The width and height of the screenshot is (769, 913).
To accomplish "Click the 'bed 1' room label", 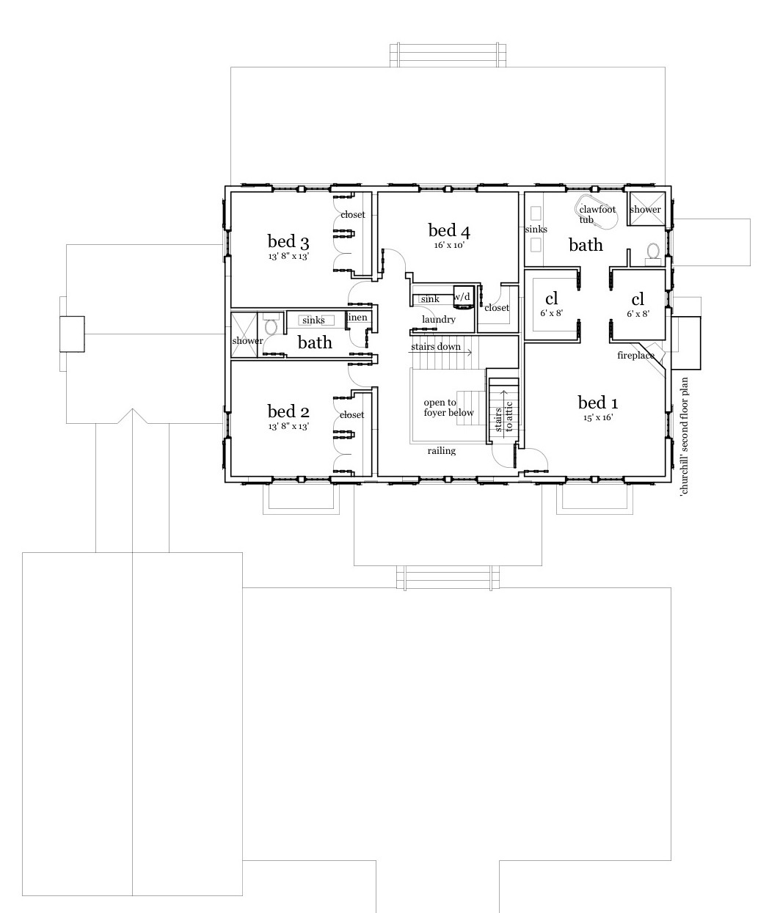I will (597, 403).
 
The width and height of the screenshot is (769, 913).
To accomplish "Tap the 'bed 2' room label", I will (288, 411).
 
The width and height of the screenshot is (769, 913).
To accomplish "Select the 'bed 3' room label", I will (288, 241).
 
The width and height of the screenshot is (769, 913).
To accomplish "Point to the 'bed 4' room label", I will (449, 231).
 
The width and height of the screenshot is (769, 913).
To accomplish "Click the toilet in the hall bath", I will (270, 326).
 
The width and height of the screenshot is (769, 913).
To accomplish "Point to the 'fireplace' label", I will (635, 356).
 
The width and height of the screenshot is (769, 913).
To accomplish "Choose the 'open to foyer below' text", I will (448, 408).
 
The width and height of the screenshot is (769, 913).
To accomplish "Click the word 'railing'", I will (441, 451).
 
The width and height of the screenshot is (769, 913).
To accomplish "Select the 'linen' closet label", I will (357, 318).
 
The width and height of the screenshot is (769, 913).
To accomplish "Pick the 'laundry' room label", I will (439, 320).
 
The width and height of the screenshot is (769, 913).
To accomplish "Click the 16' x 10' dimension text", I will (449, 246).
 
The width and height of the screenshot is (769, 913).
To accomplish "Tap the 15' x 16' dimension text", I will (597, 417).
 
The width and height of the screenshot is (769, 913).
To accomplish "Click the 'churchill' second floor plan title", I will (685, 437).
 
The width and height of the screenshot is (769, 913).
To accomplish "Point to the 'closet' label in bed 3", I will (352, 215).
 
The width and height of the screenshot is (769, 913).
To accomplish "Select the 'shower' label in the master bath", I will (645, 210).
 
